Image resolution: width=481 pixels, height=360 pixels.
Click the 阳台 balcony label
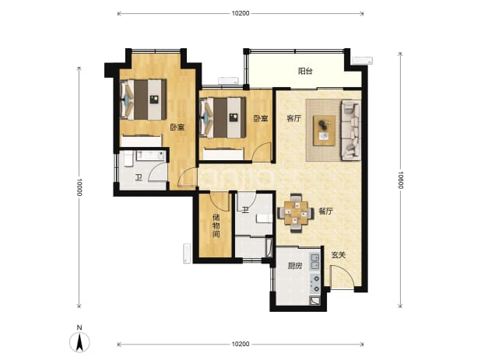305,72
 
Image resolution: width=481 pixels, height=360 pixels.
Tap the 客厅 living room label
294,118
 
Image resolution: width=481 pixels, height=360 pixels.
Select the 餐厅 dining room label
326,211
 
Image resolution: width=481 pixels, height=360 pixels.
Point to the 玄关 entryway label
339,255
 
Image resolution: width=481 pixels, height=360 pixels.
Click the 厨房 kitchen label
294,266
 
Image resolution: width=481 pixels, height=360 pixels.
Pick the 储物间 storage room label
216,226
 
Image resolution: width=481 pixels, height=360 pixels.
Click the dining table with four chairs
296,213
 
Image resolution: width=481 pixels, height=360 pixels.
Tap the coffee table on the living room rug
325,131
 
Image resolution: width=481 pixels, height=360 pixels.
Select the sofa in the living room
350,130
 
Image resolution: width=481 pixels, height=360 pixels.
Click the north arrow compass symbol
79,341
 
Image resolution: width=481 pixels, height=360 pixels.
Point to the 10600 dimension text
400,180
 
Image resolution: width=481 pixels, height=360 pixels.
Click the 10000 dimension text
79,187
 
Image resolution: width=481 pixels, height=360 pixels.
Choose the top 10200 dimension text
240,13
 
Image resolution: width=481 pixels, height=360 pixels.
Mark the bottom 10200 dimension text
240,344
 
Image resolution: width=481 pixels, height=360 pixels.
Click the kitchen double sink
315,262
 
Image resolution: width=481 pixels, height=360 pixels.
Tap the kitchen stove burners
315,283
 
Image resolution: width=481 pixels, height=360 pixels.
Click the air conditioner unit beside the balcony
362,60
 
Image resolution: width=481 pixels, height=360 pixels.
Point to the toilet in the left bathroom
128,159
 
